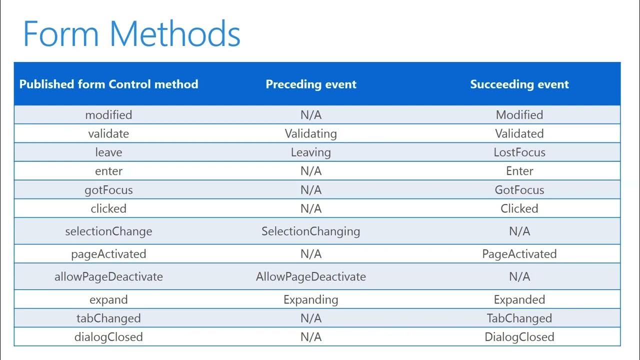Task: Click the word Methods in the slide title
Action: pos(175,33)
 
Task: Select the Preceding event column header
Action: pos(311,84)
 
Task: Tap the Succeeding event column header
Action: pos(519,84)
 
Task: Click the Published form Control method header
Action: pos(108,84)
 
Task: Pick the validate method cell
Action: pos(108,133)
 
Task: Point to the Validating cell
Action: pos(311,133)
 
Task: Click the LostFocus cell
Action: pos(519,152)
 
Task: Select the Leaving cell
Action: pos(311,152)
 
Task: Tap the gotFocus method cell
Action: pos(108,190)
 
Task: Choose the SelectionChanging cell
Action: pos(311,231)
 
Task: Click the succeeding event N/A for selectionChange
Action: pos(519,231)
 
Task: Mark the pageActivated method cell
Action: pos(108,254)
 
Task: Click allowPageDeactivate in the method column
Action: pos(108,276)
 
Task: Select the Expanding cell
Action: pos(311,299)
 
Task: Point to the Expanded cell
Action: pos(519,299)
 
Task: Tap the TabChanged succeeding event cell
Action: pos(519,318)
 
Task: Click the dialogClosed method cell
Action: pos(108,337)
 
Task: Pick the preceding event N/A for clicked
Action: pos(311,208)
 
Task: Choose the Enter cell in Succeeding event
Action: pos(519,171)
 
